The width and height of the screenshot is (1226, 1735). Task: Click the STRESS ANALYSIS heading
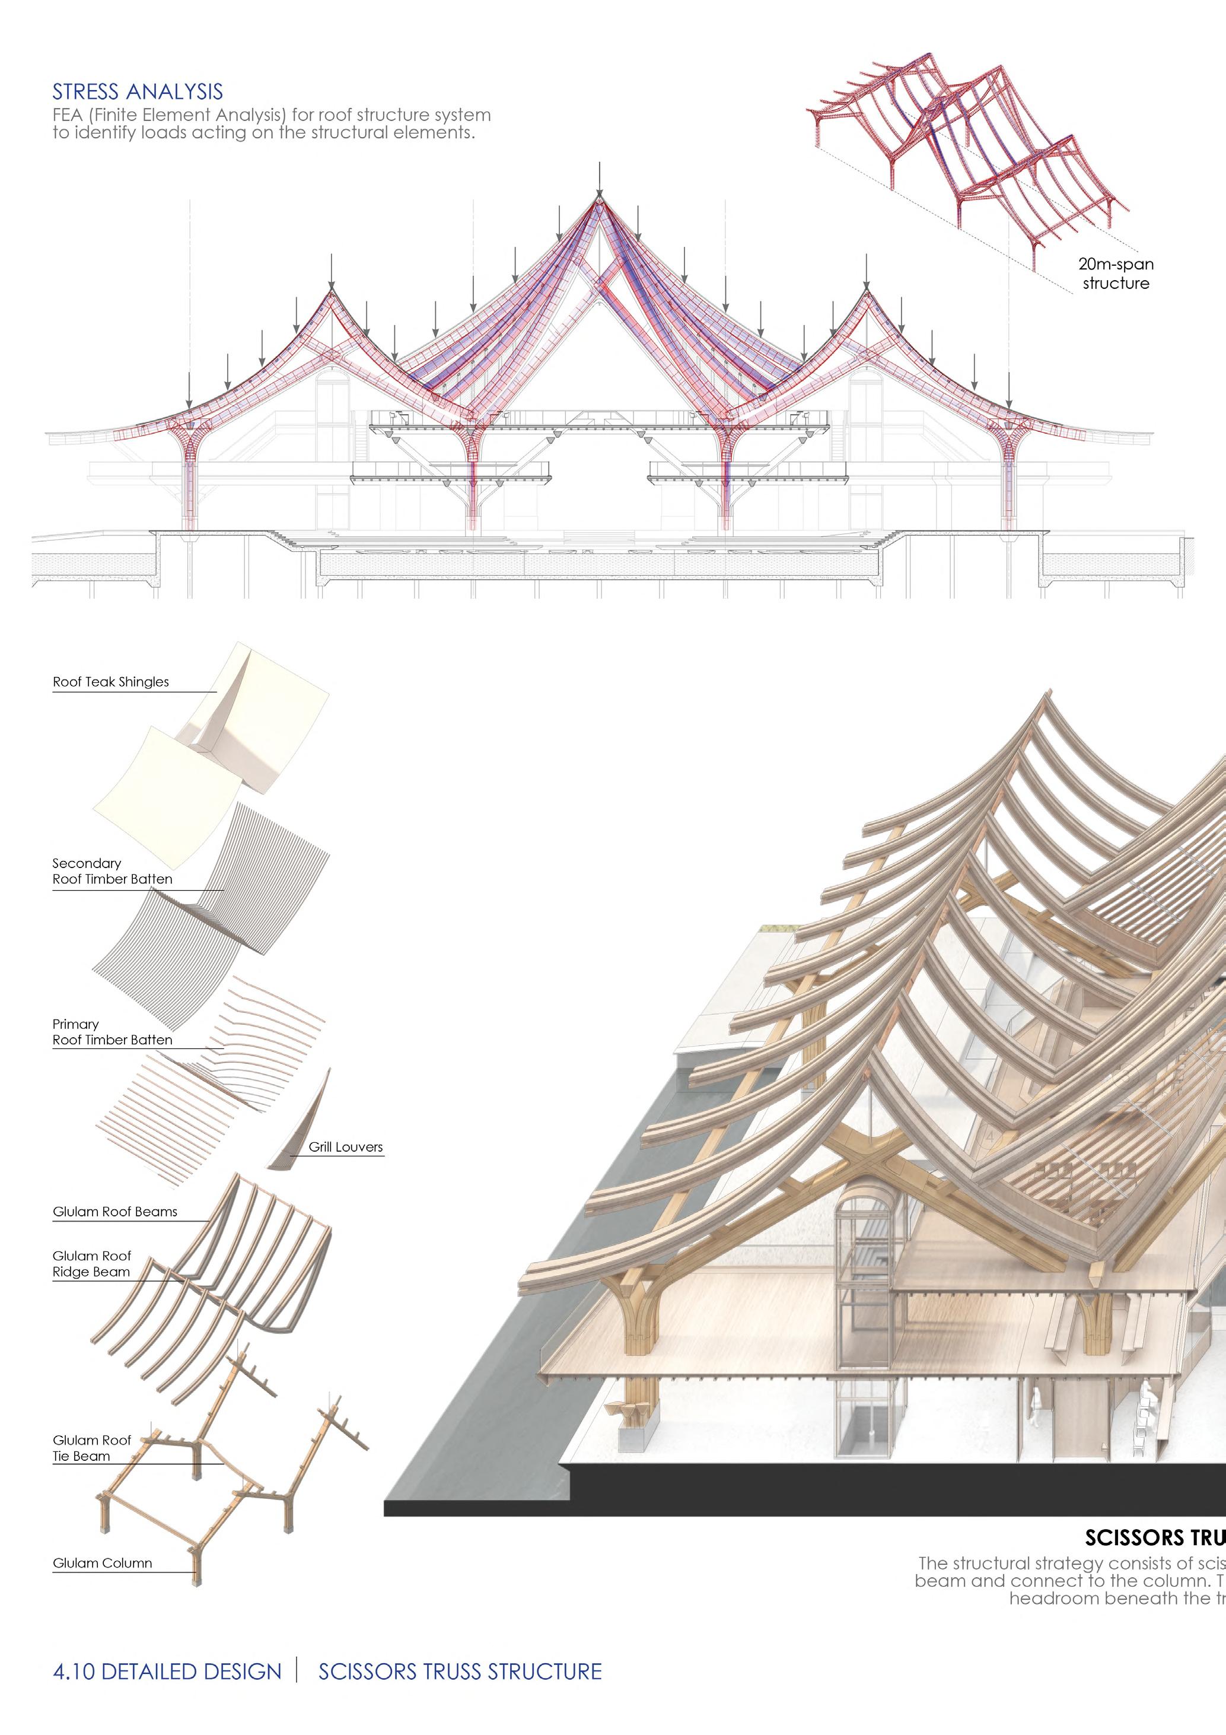[138, 92]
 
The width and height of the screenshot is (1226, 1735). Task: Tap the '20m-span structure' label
[1116, 274]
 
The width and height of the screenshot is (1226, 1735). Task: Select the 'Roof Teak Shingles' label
[111, 682]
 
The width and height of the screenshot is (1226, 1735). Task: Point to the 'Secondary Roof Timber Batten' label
[112, 871]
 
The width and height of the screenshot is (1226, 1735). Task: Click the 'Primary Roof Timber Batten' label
[112, 1032]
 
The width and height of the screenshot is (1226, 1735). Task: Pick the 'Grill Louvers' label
[345, 1147]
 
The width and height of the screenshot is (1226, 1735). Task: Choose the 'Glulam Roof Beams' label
[115, 1212]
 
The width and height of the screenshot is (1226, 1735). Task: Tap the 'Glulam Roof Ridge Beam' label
[91, 1263]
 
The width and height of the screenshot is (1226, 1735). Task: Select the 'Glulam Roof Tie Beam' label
[91, 1448]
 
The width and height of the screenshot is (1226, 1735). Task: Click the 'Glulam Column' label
[102, 1563]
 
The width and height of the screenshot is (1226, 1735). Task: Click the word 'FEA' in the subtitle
[67, 116]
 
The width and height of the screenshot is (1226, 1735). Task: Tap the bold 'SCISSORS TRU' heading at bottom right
[1154, 1538]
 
